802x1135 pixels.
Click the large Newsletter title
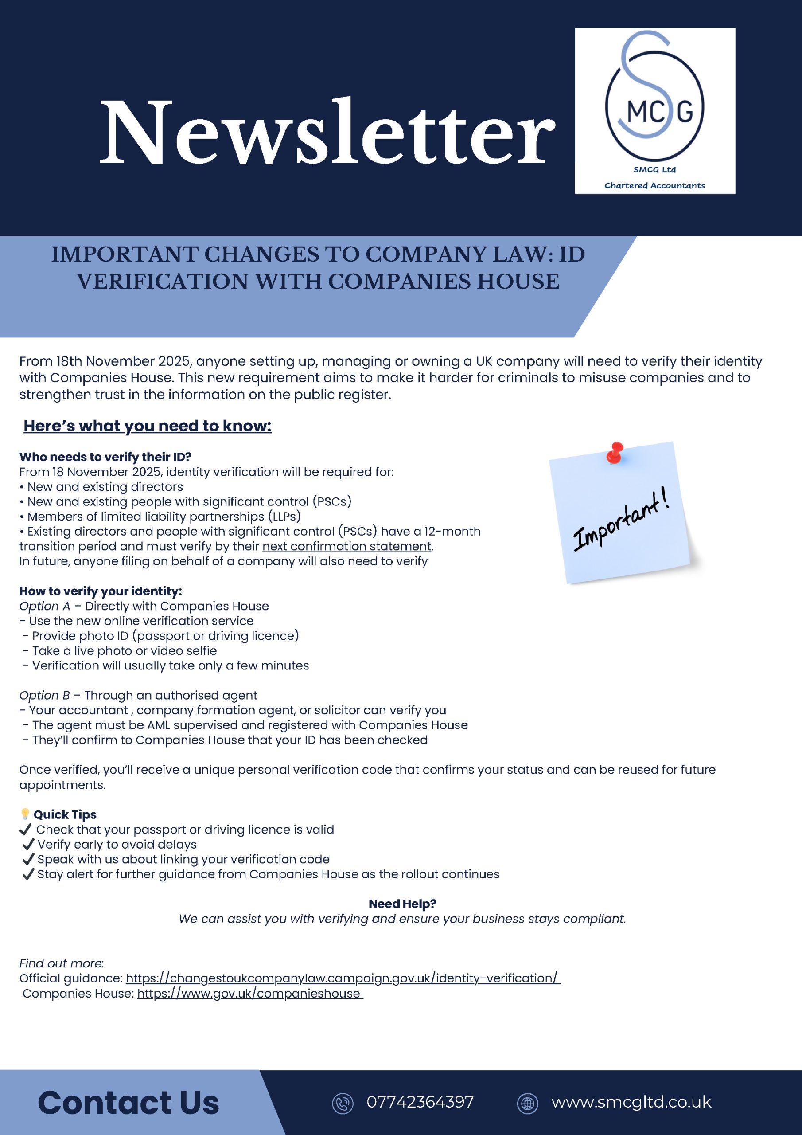point(327,133)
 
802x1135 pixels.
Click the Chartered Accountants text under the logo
point(654,185)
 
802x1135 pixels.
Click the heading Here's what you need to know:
point(147,426)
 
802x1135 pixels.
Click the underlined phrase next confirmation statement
point(347,546)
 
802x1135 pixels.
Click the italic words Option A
point(44,606)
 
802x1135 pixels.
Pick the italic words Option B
point(44,696)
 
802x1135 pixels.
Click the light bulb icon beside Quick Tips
point(25,814)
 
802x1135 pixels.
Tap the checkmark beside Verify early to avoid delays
point(29,844)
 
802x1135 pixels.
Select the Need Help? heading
point(402,904)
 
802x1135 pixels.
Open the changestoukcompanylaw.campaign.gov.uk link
point(343,978)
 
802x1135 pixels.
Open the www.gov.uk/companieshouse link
point(249,994)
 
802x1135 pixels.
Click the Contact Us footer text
point(128,1103)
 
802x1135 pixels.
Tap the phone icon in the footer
point(343,1104)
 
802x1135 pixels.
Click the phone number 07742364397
point(420,1102)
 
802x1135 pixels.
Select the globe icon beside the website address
point(527,1104)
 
